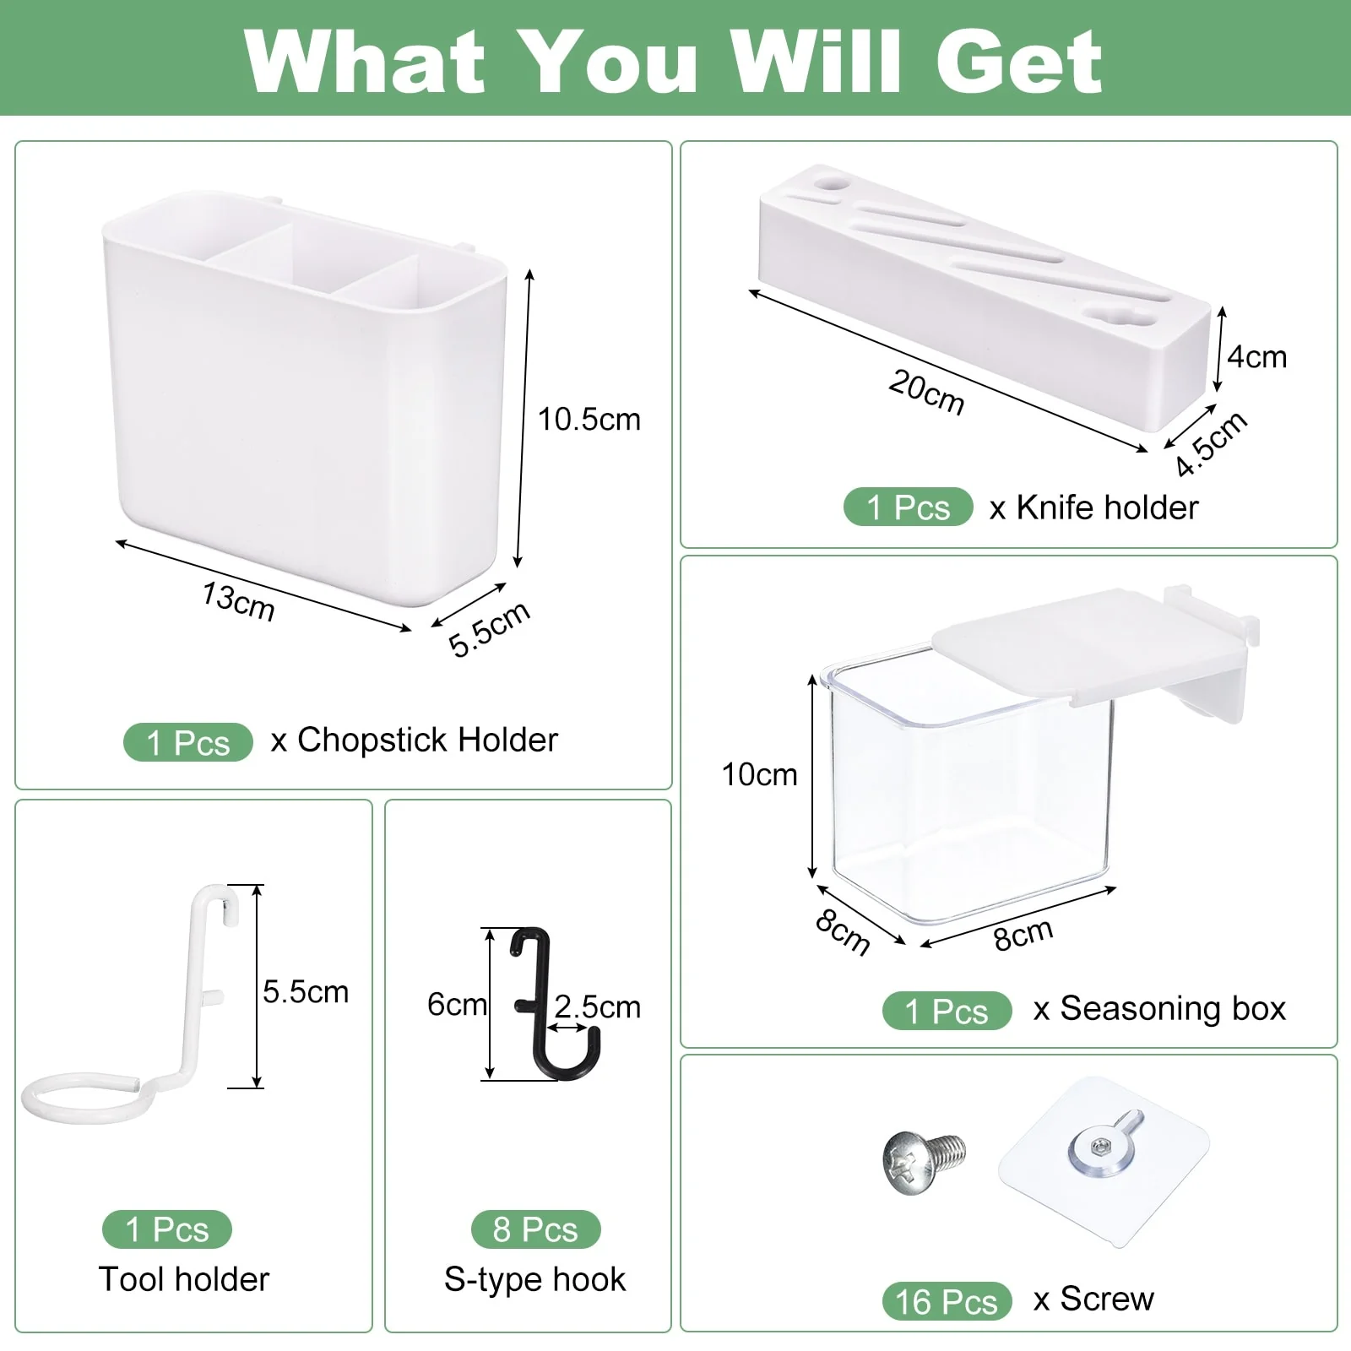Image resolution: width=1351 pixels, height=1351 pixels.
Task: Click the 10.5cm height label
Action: [x=589, y=420]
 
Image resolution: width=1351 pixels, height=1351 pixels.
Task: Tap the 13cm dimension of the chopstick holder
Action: [x=238, y=601]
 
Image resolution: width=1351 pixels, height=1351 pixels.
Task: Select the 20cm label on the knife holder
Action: [x=926, y=392]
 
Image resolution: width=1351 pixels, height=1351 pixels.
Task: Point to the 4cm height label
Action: [x=1256, y=357]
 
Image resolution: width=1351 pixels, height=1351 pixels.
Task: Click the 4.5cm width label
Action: [x=1211, y=443]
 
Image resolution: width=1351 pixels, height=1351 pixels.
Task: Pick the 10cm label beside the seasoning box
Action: [x=759, y=774]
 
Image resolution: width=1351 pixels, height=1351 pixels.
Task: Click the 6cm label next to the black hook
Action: [x=456, y=1005]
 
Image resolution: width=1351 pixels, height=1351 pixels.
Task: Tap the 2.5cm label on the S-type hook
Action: [x=598, y=1006]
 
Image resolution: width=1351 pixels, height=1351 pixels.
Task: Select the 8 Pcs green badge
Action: [x=535, y=1229]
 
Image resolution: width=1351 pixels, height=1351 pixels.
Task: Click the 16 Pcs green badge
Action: [x=947, y=1302]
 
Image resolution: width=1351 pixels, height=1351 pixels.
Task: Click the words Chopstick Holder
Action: [x=427, y=740]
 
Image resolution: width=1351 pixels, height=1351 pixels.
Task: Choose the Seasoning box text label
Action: [x=1172, y=1008]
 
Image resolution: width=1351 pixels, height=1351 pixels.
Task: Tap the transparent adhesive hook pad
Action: [x=1104, y=1161]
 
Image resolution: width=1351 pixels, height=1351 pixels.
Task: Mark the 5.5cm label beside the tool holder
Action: [x=306, y=991]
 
